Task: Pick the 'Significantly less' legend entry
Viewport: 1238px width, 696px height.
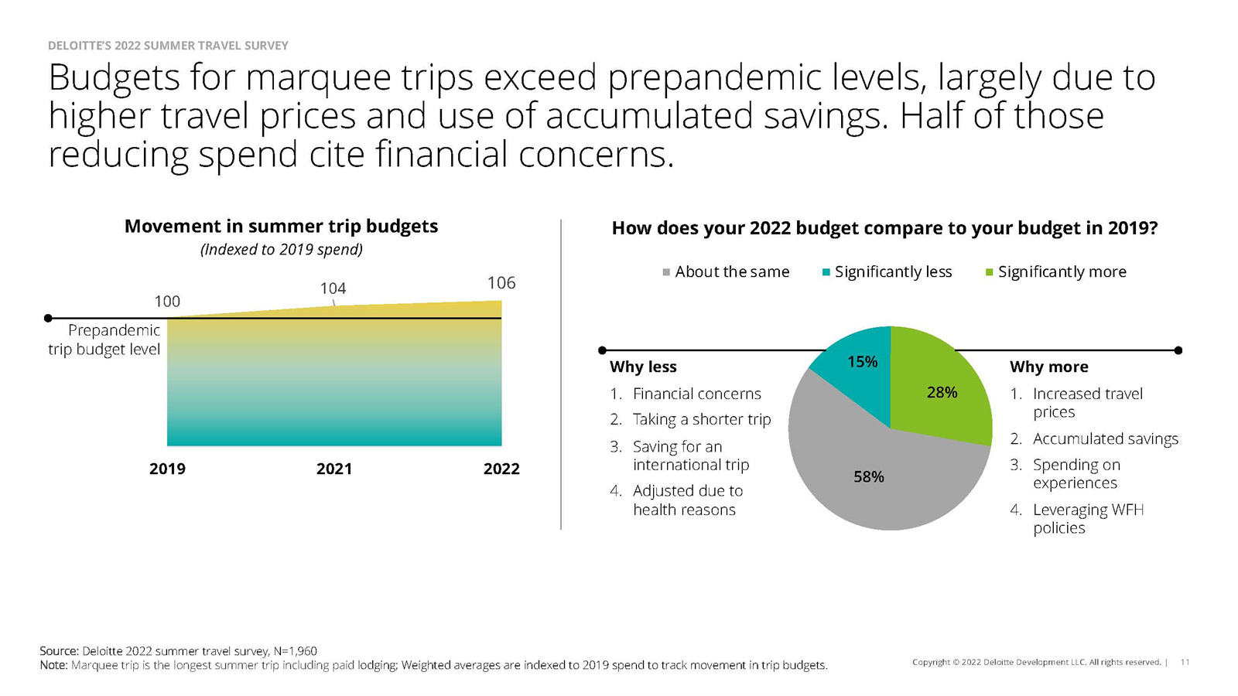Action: click(887, 271)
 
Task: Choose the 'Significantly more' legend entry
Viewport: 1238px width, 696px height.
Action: click(1055, 271)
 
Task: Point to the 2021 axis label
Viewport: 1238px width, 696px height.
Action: click(333, 469)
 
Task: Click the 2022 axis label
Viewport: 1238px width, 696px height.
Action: click(501, 469)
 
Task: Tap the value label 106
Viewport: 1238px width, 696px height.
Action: click(501, 283)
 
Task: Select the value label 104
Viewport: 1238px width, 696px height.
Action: click(333, 288)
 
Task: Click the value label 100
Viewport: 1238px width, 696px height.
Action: click(167, 302)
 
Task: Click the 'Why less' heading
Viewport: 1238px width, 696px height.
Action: click(643, 367)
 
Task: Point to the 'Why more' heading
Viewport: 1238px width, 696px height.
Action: click(1048, 367)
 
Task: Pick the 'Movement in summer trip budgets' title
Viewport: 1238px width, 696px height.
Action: click(281, 227)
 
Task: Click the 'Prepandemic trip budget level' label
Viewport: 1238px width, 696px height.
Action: click(104, 339)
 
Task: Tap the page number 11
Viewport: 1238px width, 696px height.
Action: click(1185, 662)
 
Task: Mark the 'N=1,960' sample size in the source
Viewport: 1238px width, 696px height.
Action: click(295, 651)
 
